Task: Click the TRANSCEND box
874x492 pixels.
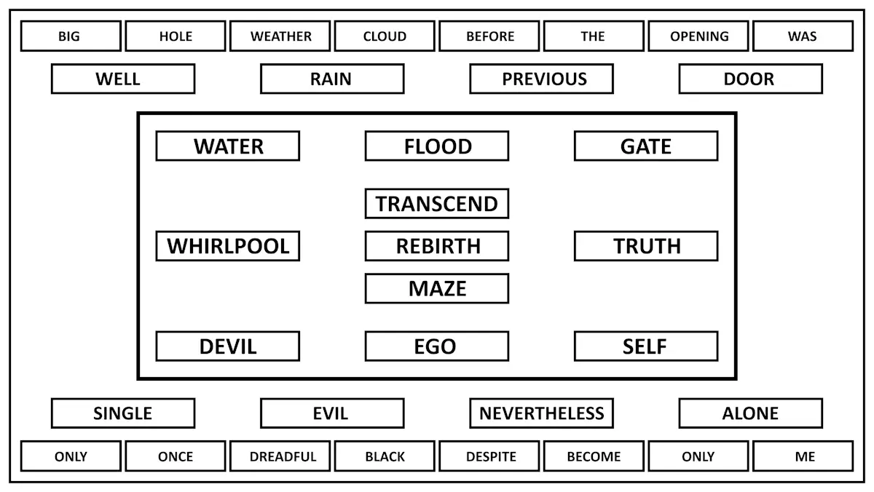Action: click(437, 204)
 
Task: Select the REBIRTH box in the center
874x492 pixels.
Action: click(437, 246)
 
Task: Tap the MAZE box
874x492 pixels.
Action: click(437, 288)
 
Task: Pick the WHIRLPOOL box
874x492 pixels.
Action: click(228, 246)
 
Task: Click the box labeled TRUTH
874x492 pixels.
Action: click(646, 246)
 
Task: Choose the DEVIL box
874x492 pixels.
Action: click(228, 346)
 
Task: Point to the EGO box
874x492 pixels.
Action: click(437, 346)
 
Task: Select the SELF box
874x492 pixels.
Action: click(646, 346)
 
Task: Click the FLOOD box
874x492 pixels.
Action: click(437, 146)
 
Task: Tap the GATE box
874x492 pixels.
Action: click(646, 146)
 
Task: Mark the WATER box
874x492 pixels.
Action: click(228, 146)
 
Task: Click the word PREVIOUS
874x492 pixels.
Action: click(544, 79)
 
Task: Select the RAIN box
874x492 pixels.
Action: click(332, 79)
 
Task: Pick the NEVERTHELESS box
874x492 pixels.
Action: click(542, 413)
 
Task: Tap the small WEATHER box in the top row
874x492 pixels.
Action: click(280, 36)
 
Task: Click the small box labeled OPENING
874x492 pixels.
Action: click(698, 36)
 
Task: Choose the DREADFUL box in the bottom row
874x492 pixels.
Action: click(280, 456)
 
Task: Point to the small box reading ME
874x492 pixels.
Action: click(803, 456)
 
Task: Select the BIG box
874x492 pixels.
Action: click(71, 36)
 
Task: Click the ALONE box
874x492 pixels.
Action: click(751, 413)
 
